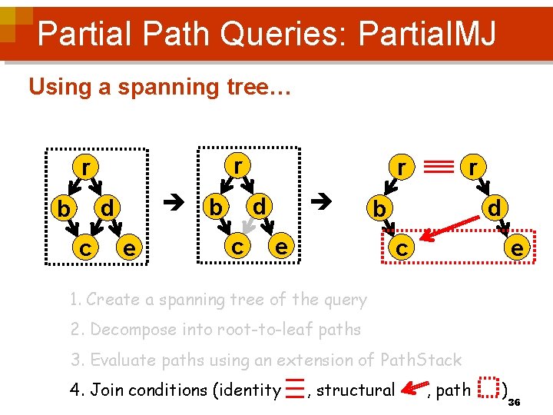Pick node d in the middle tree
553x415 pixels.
260,205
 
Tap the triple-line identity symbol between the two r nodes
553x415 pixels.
436,165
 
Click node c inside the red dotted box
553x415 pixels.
401,248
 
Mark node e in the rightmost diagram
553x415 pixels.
518,247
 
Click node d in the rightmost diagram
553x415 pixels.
495,207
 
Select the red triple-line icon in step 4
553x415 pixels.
293,389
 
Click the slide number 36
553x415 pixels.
515,403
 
